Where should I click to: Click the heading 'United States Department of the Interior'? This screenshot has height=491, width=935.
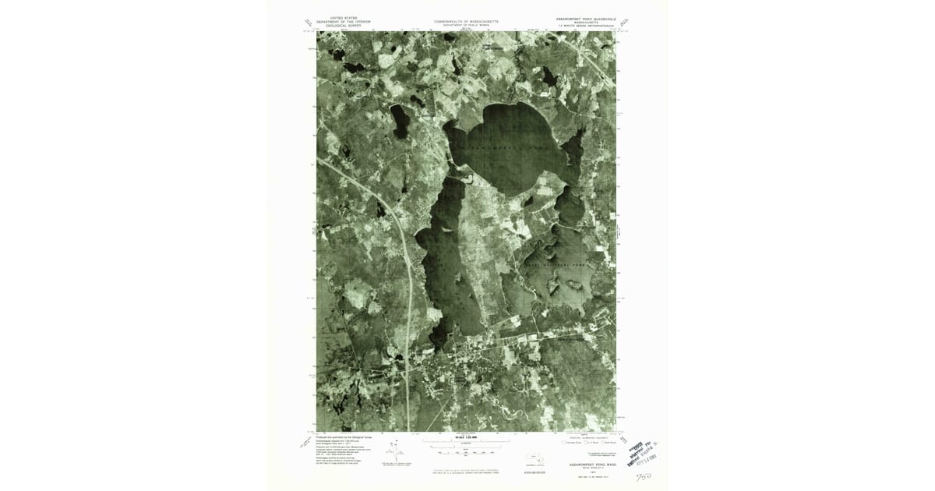(340, 21)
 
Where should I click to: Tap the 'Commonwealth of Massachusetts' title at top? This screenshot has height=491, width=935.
(466, 21)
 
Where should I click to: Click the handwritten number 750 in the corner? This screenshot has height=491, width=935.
(644, 475)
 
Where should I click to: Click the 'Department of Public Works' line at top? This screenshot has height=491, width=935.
(466, 26)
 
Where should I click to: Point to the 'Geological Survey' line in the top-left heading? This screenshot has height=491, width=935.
(340, 26)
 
